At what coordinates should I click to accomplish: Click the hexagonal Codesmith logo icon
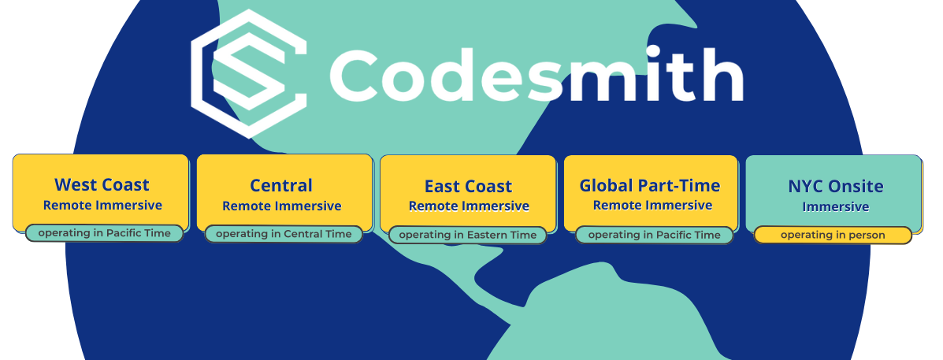pyautogui.click(x=248, y=73)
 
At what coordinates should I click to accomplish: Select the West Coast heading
pyautogui.click(x=102, y=184)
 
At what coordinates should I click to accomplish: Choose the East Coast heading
pyautogui.click(x=469, y=187)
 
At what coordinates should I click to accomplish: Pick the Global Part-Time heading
pyautogui.click(x=650, y=185)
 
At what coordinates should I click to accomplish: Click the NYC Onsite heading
pyautogui.click(x=836, y=187)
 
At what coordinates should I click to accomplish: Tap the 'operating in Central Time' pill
pyautogui.click(x=284, y=234)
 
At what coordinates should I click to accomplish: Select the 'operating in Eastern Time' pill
pyautogui.click(x=468, y=235)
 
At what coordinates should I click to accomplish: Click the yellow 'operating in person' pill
pyautogui.click(x=833, y=235)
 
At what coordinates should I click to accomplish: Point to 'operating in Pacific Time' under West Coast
pyautogui.click(x=104, y=233)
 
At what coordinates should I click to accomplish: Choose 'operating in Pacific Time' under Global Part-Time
pyautogui.click(x=655, y=235)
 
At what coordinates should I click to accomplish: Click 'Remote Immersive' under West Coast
pyautogui.click(x=102, y=206)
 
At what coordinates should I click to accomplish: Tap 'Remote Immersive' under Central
pyautogui.click(x=282, y=206)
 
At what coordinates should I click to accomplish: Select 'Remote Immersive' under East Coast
pyautogui.click(x=469, y=206)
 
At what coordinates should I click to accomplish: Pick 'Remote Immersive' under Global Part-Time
pyautogui.click(x=652, y=206)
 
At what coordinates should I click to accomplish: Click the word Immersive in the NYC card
pyautogui.click(x=836, y=206)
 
